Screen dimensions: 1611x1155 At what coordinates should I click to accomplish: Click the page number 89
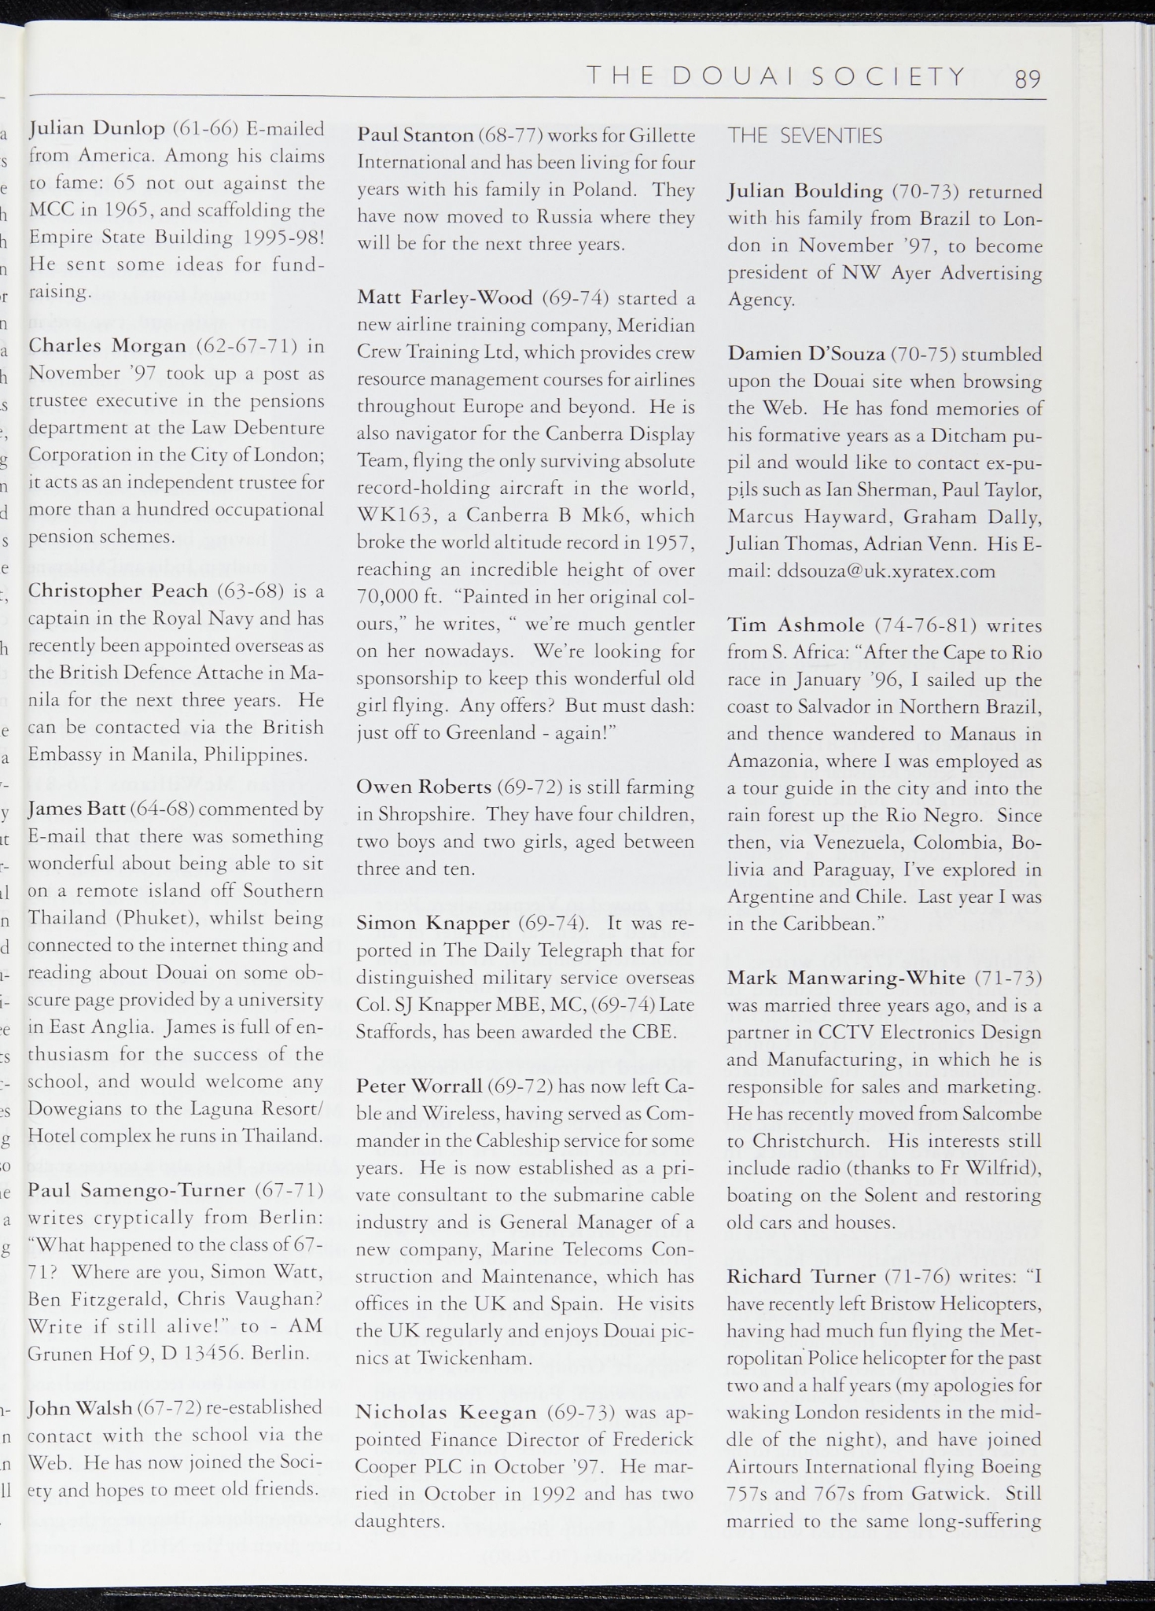point(1028,79)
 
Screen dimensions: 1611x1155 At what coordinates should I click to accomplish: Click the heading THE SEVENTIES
point(805,136)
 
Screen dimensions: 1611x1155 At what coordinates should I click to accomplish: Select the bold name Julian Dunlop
point(97,127)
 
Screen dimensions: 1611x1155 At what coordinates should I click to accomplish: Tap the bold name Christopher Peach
point(118,591)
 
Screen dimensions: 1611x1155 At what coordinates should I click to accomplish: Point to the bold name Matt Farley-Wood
point(445,297)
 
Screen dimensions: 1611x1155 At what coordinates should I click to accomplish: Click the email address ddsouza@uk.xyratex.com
point(886,571)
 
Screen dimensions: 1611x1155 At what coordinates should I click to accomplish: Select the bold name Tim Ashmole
point(796,625)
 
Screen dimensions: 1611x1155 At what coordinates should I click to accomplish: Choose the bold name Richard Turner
point(801,1276)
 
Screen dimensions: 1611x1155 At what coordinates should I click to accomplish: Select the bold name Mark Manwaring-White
point(846,978)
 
